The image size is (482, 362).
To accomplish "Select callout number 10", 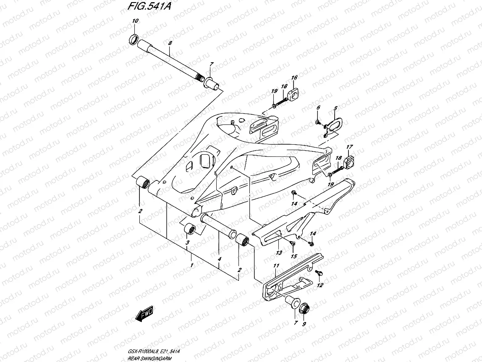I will (135, 21).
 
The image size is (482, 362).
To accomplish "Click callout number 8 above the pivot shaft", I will (170, 43).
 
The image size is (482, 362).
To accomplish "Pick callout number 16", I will (294, 78).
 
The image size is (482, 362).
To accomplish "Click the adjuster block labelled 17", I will (350, 161).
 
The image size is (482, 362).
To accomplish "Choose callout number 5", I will (335, 108).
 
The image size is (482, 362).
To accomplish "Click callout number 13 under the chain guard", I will (278, 253).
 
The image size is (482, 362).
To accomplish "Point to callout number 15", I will (293, 256).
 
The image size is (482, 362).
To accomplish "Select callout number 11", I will (276, 266).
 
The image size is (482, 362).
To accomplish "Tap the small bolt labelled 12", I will (320, 274).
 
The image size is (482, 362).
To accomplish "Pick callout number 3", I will (188, 243).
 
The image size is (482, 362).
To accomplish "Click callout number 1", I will (191, 265).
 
